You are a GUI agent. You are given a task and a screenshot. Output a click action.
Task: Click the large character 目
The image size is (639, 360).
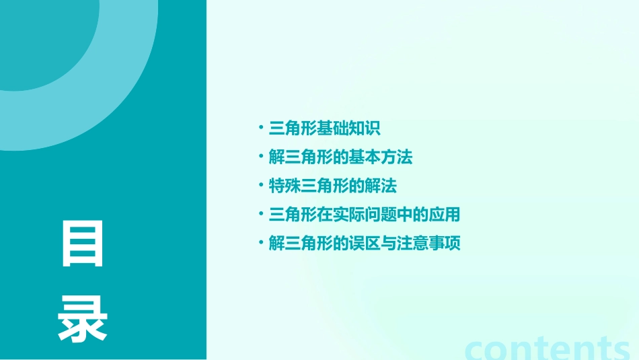click(83, 244)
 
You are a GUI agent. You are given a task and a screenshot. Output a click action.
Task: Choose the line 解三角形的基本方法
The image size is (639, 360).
click(340, 157)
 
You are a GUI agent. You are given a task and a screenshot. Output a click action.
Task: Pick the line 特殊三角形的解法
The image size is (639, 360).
click(333, 186)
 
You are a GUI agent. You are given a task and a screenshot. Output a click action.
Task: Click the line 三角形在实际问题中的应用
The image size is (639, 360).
click(365, 215)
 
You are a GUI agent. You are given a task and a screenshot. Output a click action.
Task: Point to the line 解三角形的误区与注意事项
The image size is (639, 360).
click(365, 244)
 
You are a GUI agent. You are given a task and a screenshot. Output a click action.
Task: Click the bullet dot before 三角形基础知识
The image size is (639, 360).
click(261, 129)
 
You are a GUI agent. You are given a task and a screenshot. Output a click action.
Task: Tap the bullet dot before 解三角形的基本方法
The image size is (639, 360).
click(261, 157)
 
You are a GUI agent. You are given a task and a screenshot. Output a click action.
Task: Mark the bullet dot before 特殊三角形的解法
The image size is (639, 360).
click(261, 186)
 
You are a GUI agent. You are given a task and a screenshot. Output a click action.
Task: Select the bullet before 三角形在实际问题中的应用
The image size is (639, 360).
click(261, 215)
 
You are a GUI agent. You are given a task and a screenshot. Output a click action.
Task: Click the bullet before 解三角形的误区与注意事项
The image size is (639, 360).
click(261, 244)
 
